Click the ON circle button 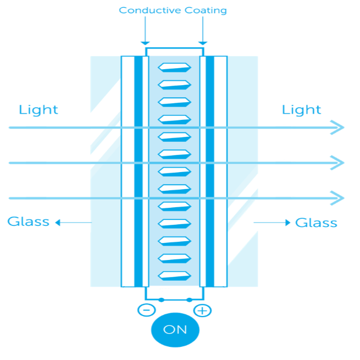[175, 330]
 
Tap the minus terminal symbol [146, 310]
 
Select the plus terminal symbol [203, 311]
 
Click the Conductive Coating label [173, 10]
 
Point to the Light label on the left [38, 109]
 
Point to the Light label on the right [301, 109]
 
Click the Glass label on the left [28, 222]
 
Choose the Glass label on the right [316, 223]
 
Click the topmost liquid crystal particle [174, 68]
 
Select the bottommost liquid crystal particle [174, 275]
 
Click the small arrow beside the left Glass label [59, 223]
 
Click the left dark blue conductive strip [138, 170]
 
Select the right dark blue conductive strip [210, 170]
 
